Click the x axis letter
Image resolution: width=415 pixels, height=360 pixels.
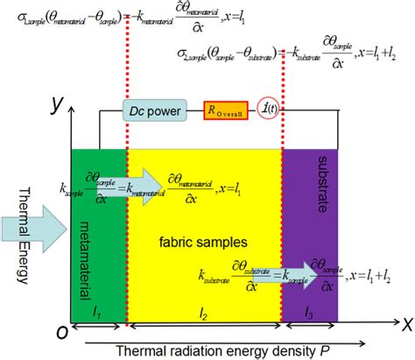coord(404,325)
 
